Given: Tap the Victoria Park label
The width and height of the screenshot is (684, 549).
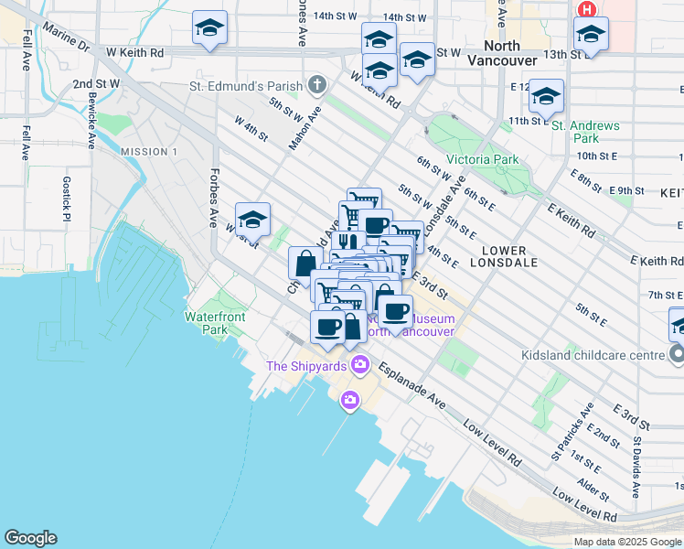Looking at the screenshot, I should tap(482, 159).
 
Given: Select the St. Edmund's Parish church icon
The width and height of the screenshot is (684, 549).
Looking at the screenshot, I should tap(317, 86).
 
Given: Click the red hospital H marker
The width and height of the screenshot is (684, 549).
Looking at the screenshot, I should tap(586, 9).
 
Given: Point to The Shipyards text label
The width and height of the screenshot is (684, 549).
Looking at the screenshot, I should tap(306, 366).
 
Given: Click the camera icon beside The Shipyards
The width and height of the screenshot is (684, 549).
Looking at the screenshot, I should tap(359, 365).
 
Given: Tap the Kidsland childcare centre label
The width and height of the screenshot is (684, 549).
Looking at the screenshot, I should tap(596, 354).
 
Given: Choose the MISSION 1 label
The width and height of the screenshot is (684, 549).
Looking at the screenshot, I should tap(148, 151).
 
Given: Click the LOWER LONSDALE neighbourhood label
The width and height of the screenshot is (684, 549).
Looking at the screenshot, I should tap(504, 257).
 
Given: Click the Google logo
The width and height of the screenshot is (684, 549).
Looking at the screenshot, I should tap(30, 538).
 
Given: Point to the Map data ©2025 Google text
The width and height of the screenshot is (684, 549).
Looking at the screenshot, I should tap(626, 542).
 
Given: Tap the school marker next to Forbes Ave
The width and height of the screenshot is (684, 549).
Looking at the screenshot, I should tap(252, 221).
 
